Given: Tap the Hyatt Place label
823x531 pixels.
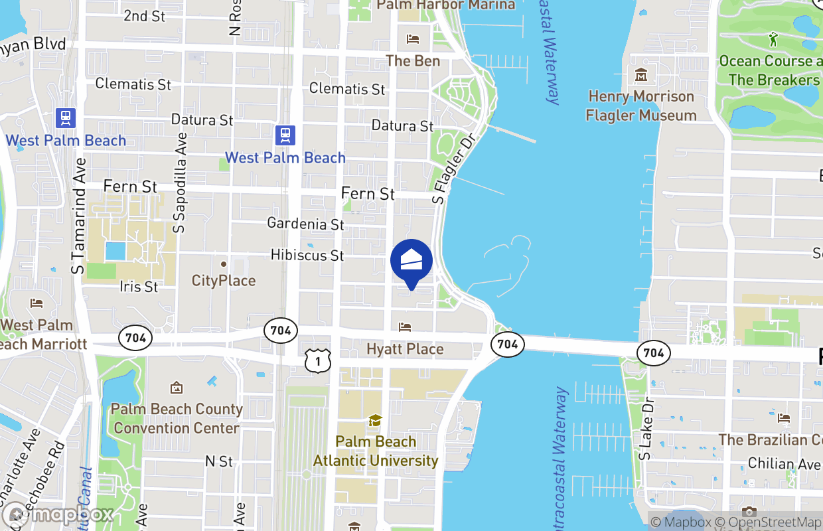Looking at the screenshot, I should point(405,349).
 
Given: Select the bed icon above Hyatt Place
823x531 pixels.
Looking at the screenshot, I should point(404,327).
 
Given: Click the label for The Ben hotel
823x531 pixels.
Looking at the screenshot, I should point(413,60).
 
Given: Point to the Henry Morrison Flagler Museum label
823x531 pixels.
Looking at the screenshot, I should point(640,106).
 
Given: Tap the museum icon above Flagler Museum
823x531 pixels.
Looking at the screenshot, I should point(640,75).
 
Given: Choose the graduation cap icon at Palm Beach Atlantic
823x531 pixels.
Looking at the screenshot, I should point(375,421).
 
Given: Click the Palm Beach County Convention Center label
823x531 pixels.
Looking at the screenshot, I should point(176,419).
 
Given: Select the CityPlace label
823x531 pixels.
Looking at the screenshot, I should point(224,281).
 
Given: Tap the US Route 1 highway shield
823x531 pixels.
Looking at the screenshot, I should point(318,360).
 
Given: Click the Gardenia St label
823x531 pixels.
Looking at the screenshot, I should point(305,224).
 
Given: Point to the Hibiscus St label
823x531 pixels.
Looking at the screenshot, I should point(307,255).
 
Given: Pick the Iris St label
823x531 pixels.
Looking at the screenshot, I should point(139,287).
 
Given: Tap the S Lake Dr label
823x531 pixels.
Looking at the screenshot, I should point(645,429).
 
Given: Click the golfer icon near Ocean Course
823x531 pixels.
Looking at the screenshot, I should point(773,40).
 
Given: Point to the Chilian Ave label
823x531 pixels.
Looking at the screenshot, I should point(785,464).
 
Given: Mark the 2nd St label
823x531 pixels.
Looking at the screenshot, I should point(144,16).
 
